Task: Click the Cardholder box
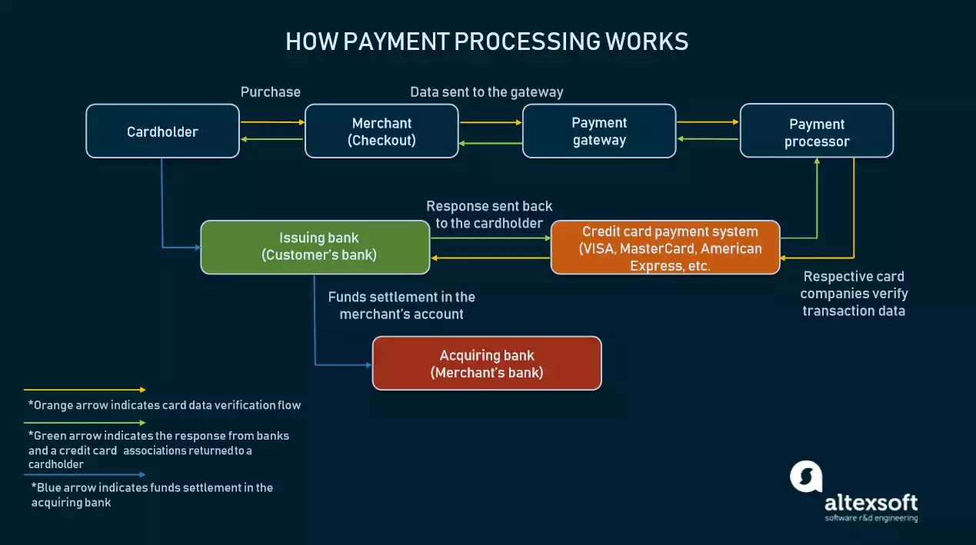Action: click(x=162, y=131)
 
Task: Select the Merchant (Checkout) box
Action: click(x=381, y=131)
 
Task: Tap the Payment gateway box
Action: click(x=599, y=131)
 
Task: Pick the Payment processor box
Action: click(x=816, y=132)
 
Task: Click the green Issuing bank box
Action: click(x=315, y=247)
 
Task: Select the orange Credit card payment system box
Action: click(x=665, y=248)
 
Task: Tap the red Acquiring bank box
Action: click(x=486, y=363)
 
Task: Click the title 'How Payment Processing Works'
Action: click(x=487, y=41)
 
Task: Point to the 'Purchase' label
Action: click(x=271, y=92)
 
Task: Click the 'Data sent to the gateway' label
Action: click(x=486, y=92)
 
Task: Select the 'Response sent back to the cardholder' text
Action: click(x=489, y=214)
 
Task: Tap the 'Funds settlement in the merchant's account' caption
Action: click(x=401, y=305)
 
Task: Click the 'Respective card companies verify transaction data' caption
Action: click(x=854, y=293)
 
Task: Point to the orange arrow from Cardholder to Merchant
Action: click(x=272, y=121)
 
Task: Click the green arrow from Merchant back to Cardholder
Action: click(x=272, y=139)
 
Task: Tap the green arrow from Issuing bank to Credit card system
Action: click(x=490, y=238)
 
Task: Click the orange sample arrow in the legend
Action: click(x=85, y=390)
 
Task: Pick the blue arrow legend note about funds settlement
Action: click(x=152, y=494)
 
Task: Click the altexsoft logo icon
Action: click(x=806, y=477)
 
